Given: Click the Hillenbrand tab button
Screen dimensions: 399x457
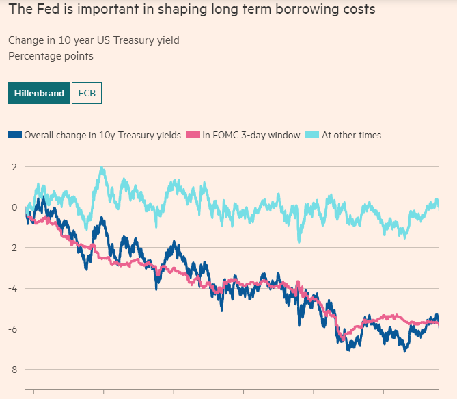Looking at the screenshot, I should tap(40, 93).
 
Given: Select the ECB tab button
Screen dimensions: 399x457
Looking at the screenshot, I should tap(87, 93).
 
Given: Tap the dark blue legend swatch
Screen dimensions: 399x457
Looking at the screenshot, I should tap(15, 136).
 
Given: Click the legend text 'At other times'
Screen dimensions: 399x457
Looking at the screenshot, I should tap(351, 136).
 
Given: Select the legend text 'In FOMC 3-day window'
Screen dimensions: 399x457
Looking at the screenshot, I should tap(251, 136).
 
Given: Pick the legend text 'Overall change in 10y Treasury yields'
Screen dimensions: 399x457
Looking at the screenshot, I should tap(102, 136).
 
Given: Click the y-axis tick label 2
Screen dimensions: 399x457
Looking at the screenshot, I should tap(14, 166).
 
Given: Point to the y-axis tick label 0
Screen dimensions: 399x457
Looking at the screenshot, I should tap(14, 207).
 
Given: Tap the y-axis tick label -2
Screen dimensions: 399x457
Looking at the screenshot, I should tap(12, 248).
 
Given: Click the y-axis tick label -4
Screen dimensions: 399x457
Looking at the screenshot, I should tap(12, 288).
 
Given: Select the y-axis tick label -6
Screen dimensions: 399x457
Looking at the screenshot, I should tap(12, 329).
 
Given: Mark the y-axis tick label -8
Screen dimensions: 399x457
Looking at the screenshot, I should tap(12, 370).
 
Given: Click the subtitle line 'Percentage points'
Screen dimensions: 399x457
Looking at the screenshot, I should tap(51, 56).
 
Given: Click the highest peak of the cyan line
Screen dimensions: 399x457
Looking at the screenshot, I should tap(102, 168).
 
